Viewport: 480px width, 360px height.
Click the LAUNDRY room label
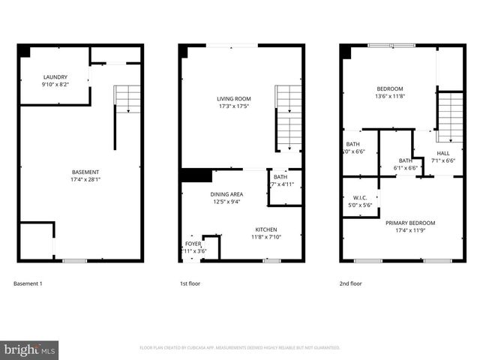55,76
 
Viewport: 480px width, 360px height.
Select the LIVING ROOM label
234,98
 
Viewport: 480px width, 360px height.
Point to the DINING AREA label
226,193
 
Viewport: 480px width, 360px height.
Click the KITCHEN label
266,229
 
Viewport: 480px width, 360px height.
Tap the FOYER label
193,244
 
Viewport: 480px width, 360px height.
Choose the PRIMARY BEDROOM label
409,223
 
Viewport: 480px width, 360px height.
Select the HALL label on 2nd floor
443,153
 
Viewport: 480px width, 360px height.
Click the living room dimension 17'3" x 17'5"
234,106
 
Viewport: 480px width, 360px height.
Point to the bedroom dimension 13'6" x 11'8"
389,96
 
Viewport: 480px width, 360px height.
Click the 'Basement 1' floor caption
28,284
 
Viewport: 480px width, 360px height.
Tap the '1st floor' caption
190,284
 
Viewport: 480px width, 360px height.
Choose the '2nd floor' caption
351,284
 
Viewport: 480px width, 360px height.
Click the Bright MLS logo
30,349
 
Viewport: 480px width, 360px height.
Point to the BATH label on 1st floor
280,177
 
